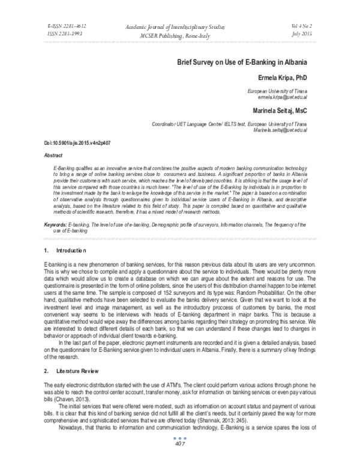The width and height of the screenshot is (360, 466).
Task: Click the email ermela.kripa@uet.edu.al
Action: tap(282, 97)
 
